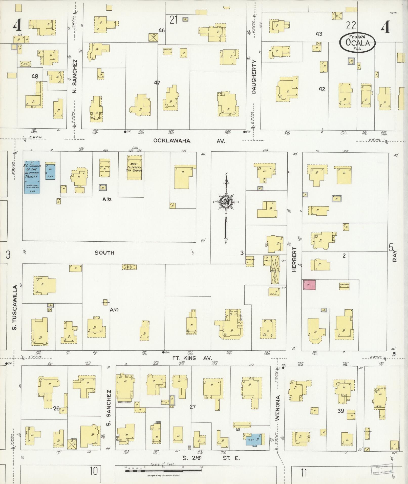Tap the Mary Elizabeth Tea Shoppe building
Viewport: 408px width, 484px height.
(135, 168)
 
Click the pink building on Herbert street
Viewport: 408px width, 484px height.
(309, 284)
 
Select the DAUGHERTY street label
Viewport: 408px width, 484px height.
(254, 77)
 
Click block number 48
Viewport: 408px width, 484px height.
(35, 76)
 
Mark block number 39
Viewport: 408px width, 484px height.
(341, 411)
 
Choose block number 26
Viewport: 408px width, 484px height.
(56, 408)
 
